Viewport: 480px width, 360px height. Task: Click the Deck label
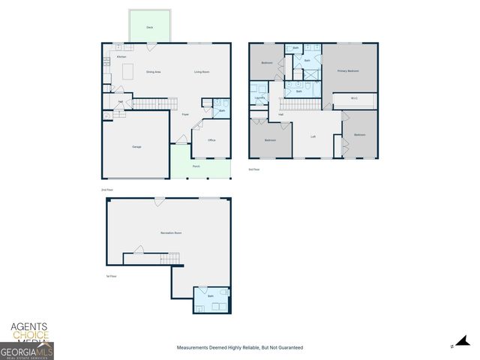click(x=150, y=26)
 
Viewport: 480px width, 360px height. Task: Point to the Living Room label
click(x=202, y=72)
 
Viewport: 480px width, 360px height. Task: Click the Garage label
click(x=136, y=146)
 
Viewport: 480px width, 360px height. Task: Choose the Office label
click(x=211, y=140)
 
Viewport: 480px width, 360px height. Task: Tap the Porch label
click(x=196, y=166)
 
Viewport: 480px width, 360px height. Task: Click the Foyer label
click(x=185, y=115)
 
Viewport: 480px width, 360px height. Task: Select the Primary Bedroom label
click(x=348, y=71)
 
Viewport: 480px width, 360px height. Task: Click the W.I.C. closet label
click(x=353, y=97)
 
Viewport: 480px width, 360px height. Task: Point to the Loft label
click(x=313, y=136)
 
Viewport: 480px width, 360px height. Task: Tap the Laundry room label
click(x=259, y=97)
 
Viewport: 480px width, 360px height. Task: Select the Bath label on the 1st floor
click(x=211, y=296)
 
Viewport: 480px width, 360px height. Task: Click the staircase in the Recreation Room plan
click(x=170, y=259)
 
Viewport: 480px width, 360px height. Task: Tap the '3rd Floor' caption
click(x=253, y=169)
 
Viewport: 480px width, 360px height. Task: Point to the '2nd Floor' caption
click(x=107, y=190)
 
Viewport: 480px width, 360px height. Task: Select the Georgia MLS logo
click(x=26, y=351)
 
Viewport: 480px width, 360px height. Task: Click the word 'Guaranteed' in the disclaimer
click(x=289, y=348)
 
